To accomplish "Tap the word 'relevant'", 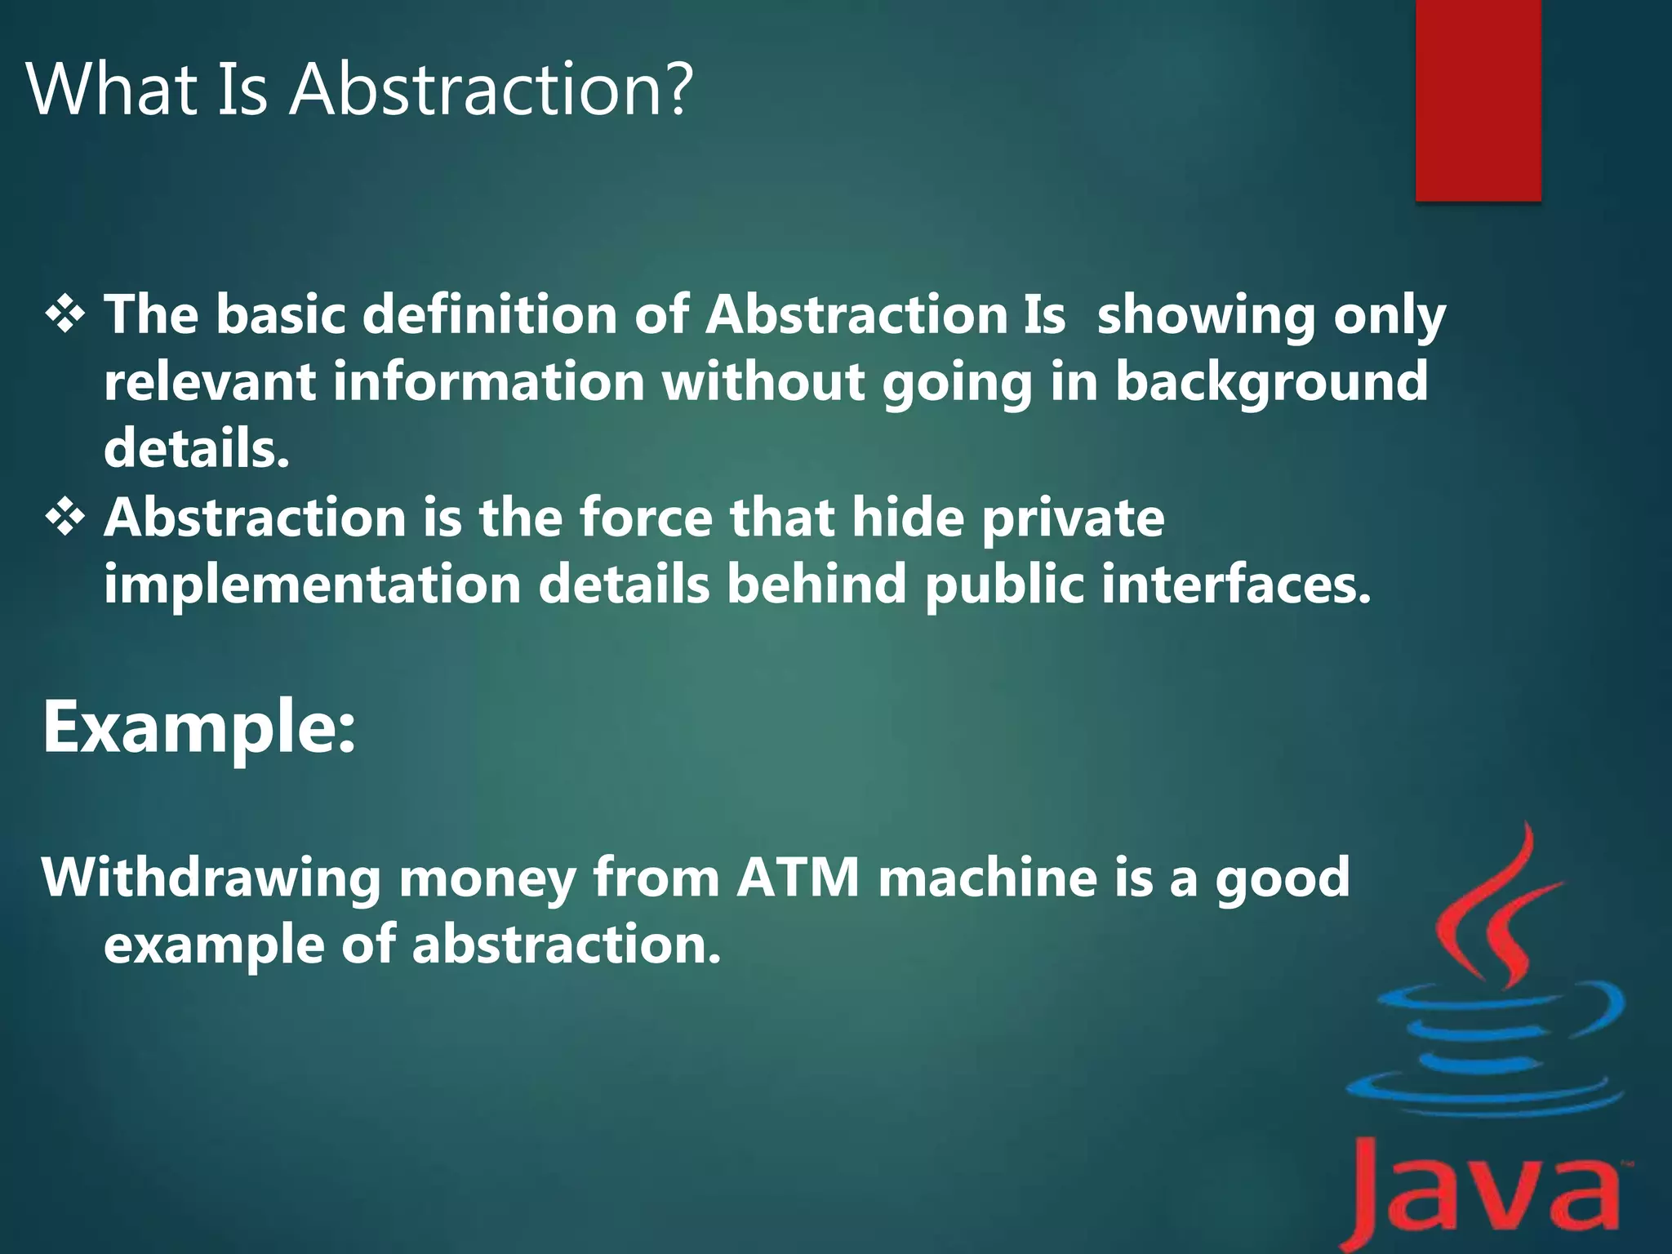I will (210, 382).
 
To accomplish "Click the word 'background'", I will (1272, 384).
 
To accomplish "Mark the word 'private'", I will (1073, 520).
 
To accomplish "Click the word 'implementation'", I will (313, 585).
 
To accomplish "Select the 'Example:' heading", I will (199, 728).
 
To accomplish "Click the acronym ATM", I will (798, 878).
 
